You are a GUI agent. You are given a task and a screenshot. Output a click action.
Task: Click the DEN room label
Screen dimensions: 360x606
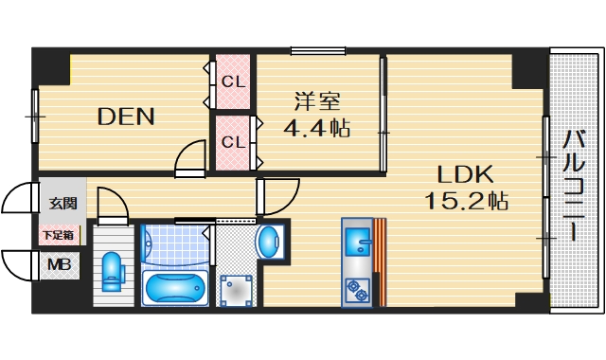pos(127,117)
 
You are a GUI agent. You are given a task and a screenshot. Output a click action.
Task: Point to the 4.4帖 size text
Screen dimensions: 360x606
pos(317,127)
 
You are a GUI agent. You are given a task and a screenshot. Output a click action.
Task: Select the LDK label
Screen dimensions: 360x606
pos(465,174)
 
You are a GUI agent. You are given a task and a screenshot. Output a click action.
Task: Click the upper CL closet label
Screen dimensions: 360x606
pos(233,82)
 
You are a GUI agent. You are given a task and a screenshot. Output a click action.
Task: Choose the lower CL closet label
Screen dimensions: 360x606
pos(233,142)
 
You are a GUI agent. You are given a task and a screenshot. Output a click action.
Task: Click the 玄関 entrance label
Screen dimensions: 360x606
pos(62,203)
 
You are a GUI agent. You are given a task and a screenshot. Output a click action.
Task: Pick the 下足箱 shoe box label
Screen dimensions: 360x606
pos(60,234)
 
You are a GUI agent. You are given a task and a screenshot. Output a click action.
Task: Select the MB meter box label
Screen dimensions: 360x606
pos(59,264)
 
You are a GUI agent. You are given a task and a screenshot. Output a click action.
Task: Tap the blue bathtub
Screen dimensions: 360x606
pos(175,285)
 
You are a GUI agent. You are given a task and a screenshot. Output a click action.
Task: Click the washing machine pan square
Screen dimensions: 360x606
pos(236,290)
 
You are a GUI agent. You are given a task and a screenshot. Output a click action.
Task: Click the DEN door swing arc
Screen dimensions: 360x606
pos(192,155)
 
